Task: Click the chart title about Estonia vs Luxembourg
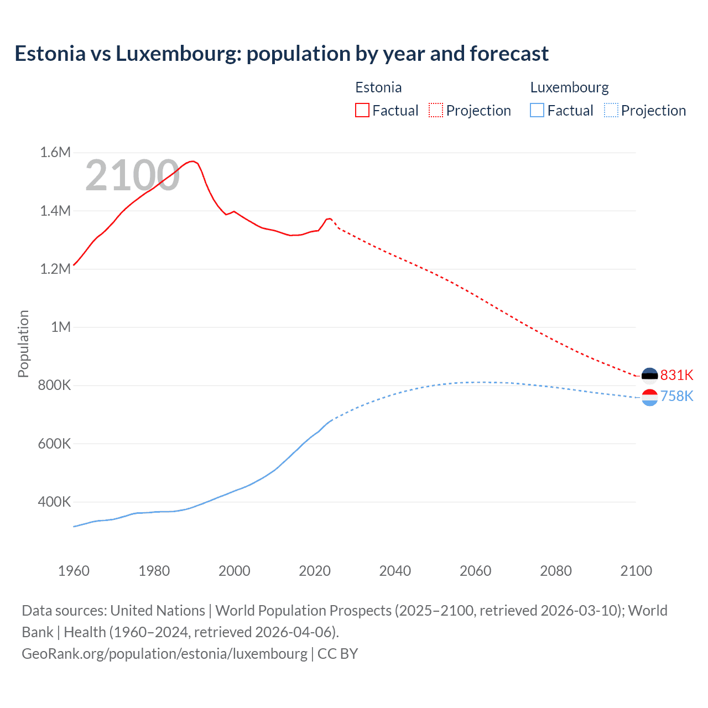(x=282, y=54)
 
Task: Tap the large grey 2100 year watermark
(x=132, y=175)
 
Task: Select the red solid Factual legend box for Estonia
(x=362, y=111)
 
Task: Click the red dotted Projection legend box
(x=436, y=111)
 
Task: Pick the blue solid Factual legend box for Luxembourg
(x=537, y=111)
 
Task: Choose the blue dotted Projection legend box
(x=611, y=111)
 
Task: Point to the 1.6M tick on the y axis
(x=55, y=152)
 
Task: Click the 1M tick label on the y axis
(x=61, y=327)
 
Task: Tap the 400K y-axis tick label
(x=54, y=502)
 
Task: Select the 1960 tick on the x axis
(x=74, y=571)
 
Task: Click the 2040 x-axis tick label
(x=395, y=571)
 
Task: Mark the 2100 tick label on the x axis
(x=636, y=571)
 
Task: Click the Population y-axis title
(x=23, y=343)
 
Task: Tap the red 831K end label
(x=676, y=375)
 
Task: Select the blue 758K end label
(x=676, y=396)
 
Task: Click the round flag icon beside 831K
(x=649, y=376)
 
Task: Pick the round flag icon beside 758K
(x=649, y=397)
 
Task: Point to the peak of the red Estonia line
(x=192, y=161)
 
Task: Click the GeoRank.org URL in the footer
(x=164, y=653)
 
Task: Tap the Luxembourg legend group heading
(x=569, y=87)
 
